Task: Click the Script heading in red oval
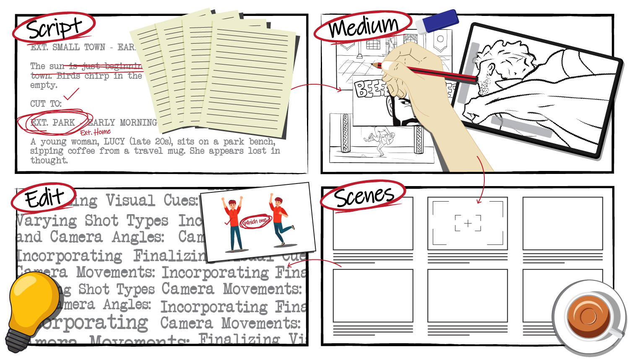tap(54, 28)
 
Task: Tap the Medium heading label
tap(363, 27)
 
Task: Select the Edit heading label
tap(44, 198)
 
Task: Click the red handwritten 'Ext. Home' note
tap(95, 132)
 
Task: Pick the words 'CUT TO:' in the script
tap(46, 104)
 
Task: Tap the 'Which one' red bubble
tap(255, 221)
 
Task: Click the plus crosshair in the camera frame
tap(468, 223)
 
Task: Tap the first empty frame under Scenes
tap(373, 223)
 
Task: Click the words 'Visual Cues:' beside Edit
tap(151, 200)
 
